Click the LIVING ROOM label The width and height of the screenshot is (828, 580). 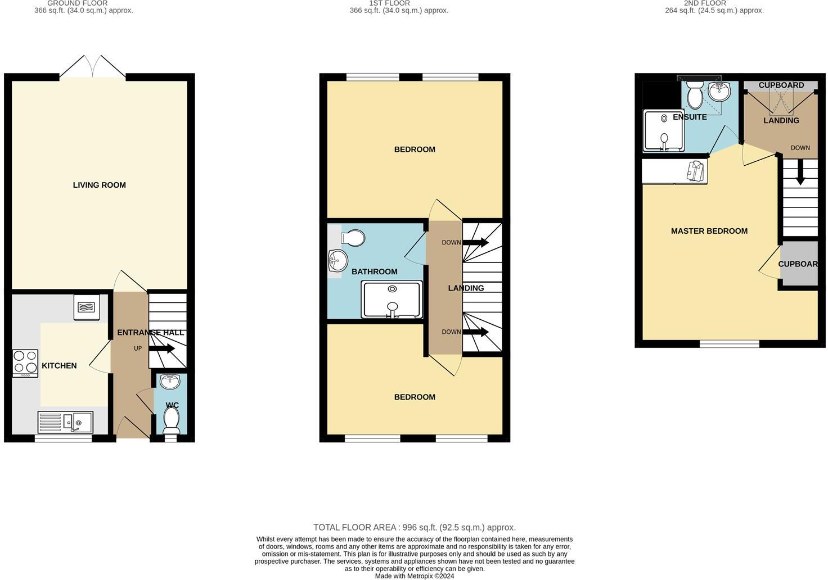click(x=99, y=185)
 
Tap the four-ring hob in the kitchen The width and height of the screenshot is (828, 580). click(x=25, y=363)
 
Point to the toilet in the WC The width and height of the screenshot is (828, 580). click(x=171, y=419)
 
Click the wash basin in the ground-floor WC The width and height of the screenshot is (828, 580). click(x=170, y=382)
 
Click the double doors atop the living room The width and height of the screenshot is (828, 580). click(x=93, y=66)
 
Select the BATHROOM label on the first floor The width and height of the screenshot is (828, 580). click(x=374, y=271)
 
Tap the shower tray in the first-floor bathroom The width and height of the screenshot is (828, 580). click(x=392, y=299)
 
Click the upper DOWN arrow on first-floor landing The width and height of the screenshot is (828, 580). click(x=475, y=243)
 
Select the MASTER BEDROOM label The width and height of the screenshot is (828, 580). click(x=709, y=231)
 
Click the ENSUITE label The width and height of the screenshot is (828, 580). click(x=690, y=117)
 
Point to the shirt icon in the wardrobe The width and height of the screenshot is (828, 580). click(x=695, y=171)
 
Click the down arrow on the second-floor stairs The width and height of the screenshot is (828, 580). click(x=800, y=175)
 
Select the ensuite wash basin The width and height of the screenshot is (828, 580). click(x=718, y=90)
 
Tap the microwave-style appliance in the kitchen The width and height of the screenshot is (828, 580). click(x=87, y=307)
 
